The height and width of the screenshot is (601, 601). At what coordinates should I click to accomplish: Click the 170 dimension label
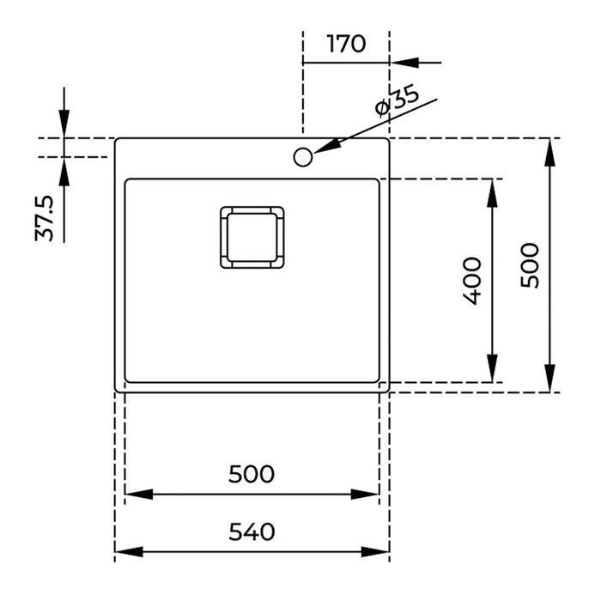(x=346, y=44)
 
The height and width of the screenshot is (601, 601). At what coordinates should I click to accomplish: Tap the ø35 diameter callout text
(x=397, y=101)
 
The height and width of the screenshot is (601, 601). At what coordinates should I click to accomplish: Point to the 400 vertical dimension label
(x=471, y=280)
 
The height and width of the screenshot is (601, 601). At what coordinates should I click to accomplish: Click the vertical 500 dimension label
(x=530, y=264)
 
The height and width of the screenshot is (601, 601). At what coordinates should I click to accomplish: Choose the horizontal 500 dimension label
(x=252, y=473)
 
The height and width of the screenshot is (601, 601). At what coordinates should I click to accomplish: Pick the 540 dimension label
(x=252, y=531)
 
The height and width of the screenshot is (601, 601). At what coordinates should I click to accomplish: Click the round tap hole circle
(x=302, y=156)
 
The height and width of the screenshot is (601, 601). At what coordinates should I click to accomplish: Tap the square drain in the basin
(x=252, y=237)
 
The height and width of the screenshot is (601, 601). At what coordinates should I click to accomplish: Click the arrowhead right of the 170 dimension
(x=404, y=62)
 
